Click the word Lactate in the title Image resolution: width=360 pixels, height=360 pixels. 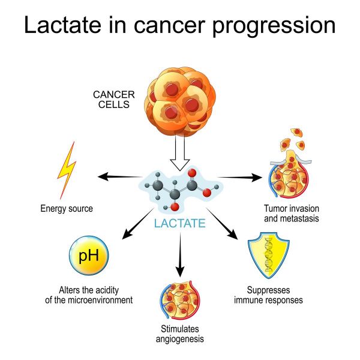62,25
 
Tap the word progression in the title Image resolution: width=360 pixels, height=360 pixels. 274,26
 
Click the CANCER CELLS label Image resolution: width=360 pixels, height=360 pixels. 114,100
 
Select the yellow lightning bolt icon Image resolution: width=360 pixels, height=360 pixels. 67,170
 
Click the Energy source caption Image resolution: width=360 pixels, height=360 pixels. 67,208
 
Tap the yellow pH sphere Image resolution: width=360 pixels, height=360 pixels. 89,256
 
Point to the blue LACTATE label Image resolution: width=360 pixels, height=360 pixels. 180,223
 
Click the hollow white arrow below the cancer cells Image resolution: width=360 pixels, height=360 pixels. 180,152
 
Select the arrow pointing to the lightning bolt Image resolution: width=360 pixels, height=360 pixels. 119,177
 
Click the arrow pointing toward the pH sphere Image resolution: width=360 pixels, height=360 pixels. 138,224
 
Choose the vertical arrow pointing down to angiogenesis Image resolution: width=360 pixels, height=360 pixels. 180,255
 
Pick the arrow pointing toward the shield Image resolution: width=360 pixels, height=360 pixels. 222,224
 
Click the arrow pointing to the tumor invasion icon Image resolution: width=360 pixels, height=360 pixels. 239,177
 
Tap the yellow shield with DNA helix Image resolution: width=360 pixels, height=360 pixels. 269,256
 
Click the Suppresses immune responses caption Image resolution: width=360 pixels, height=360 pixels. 268,295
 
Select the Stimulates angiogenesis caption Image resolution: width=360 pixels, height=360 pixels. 180,334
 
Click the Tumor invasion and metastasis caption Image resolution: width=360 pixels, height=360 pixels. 292,213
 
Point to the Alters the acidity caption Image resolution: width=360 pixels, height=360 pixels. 89,295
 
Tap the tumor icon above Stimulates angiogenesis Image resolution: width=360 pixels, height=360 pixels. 180,300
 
